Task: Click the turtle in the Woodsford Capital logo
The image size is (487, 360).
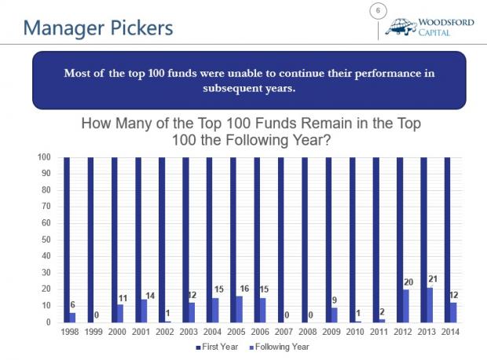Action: pyautogui.click(x=401, y=27)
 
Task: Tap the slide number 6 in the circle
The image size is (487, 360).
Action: pyautogui.click(x=378, y=10)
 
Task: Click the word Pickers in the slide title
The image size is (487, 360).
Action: pyautogui.click(x=141, y=28)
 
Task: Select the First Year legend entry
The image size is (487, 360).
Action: pyautogui.click(x=217, y=347)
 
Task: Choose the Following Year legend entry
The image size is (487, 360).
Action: pyautogui.click(x=280, y=347)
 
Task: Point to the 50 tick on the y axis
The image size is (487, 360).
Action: pyautogui.click(x=46, y=240)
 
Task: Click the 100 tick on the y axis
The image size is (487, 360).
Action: pyautogui.click(x=44, y=157)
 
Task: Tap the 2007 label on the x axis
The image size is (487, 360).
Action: pyautogui.click(x=284, y=332)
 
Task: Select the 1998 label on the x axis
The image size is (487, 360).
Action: pyautogui.click(x=70, y=332)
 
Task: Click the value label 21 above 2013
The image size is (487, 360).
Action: pyautogui.click(x=433, y=279)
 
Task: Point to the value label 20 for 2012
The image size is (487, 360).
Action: pyautogui.click(x=408, y=282)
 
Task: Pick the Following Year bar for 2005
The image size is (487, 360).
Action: pyautogui.click(x=239, y=309)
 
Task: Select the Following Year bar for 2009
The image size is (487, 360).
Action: pyautogui.click(x=335, y=314)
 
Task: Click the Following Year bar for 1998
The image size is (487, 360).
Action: pyautogui.click(x=72, y=317)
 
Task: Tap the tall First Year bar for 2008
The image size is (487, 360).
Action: pyautogui.click(x=305, y=240)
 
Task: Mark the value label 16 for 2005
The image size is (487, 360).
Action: pyautogui.click(x=244, y=288)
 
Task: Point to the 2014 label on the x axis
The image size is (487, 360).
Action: pyautogui.click(x=450, y=332)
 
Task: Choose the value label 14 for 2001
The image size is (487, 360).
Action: pyautogui.click(x=150, y=296)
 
